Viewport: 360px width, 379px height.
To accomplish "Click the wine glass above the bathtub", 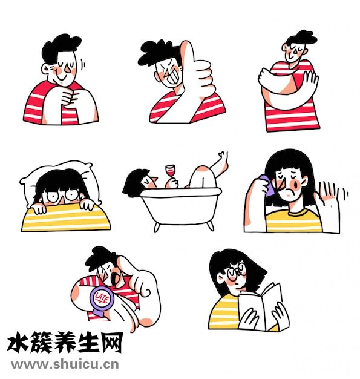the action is (171, 172).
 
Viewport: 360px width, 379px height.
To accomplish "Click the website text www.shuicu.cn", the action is (65, 364).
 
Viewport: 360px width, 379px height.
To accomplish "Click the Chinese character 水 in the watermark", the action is (19, 343).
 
